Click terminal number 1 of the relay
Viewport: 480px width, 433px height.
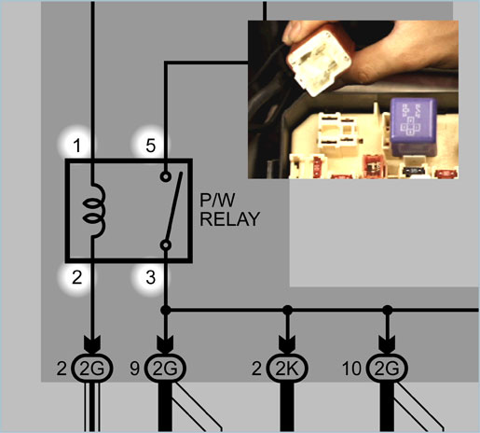76,146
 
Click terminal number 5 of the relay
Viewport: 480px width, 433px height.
150,146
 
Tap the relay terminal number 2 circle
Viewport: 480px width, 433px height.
76,277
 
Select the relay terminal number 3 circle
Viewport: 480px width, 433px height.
150,277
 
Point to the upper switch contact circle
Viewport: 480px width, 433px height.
166,176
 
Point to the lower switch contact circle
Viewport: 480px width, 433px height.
166,245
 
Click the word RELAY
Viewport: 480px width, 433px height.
229,219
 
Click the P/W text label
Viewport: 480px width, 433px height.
217,200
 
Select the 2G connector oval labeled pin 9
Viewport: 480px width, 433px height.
165,369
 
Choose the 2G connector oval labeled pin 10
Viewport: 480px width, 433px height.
387,369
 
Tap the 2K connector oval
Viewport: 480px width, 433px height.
287,369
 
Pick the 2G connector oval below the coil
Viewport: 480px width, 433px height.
92,369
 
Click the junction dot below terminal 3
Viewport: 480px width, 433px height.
166,310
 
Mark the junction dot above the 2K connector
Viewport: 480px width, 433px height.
288,310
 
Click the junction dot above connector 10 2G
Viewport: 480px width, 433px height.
388,310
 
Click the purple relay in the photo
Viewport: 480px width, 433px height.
414,126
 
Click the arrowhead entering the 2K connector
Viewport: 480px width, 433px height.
288,344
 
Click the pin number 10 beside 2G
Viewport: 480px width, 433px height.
352,369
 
